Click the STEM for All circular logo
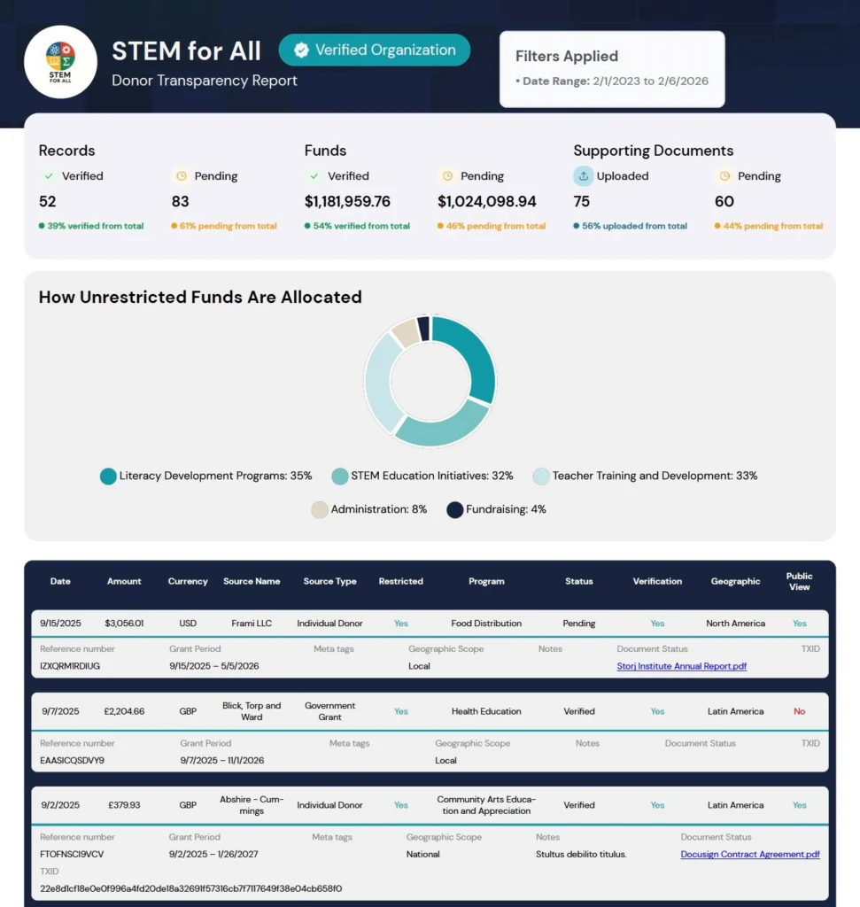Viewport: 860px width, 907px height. [60, 61]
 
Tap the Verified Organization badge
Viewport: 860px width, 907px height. [374, 50]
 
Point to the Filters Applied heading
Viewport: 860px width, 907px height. [567, 56]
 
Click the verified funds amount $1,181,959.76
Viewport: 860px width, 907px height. [347, 202]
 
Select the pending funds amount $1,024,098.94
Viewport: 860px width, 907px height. [486, 202]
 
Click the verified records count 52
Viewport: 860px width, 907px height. [48, 202]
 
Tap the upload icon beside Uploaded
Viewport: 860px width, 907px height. [583, 176]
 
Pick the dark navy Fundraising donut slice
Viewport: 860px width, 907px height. [423, 329]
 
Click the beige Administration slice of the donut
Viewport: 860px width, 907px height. [406, 333]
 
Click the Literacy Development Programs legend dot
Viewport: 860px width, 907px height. [108, 477]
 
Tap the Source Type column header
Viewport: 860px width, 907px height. [329, 581]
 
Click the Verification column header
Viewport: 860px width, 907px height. [657, 581]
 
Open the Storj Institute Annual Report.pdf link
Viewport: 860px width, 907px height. [681, 666]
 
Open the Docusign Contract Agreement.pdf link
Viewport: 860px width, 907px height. [750, 855]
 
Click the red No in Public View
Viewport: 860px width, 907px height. [799, 711]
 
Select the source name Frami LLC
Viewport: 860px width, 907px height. [252, 624]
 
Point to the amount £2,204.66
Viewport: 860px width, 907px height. [124, 711]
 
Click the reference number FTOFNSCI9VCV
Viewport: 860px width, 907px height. [72, 855]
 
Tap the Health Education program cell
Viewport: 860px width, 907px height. [486, 711]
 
